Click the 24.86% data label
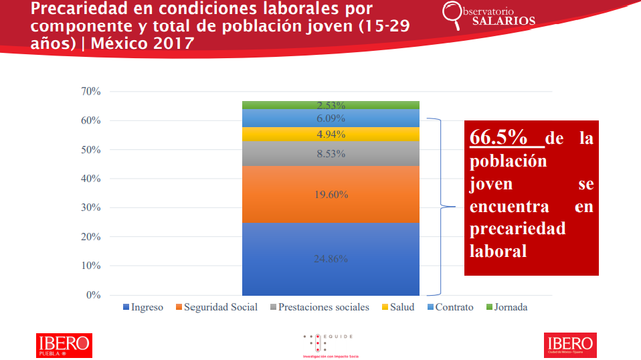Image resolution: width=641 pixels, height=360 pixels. (x=331, y=259)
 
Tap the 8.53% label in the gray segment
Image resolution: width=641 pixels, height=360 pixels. (x=331, y=154)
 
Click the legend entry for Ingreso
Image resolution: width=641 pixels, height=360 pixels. (x=143, y=308)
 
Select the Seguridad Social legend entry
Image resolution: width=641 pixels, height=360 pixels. (x=215, y=308)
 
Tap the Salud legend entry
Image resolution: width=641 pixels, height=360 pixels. (x=397, y=308)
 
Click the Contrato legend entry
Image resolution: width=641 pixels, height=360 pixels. (x=449, y=308)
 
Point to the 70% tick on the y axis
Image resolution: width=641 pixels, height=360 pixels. (x=90, y=92)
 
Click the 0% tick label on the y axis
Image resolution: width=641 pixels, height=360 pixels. (x=93, y=295)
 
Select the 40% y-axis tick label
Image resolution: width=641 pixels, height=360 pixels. (x=90, y=179)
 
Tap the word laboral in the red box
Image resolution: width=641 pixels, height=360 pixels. (x=498, y=251)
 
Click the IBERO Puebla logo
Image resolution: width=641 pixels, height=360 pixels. (x=64, y=345)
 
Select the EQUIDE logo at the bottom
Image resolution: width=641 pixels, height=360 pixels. (x=328, y=344)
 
